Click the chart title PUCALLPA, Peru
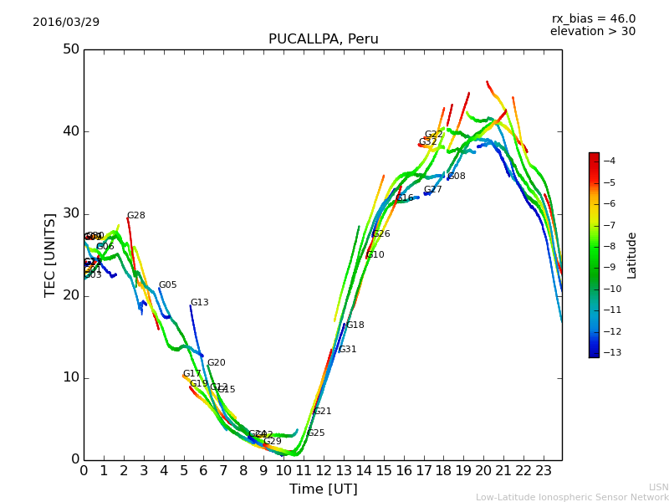tap(323, 39)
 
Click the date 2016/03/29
tap(66, 22)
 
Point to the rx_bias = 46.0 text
tap(593, 18)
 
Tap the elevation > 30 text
tap(592, 32)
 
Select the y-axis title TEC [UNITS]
tap(50, 254)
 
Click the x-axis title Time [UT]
tap(323, 489)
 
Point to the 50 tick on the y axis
tap(70, 49)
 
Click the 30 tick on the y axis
tap(70, 213)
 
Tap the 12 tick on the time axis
tap(324, 471)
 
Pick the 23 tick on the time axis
tap(544, 471)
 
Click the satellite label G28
tap(135, 216)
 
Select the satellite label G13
tap(199, 303)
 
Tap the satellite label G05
tap(167, 285)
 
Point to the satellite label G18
tap(355, 325)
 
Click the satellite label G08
tap(457, 177)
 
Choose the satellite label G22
tap(433, 135)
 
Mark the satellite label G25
tap(315, 433)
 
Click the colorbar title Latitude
tap(632, 254)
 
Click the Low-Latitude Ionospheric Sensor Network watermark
tap(572, 497)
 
